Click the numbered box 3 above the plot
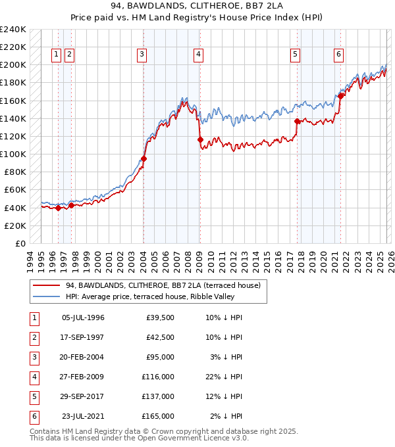pos(142,55)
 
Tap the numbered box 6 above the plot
pos(338,55)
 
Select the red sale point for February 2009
pos(201,139)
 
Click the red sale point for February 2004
pos(144,158)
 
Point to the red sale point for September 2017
pos(297,121)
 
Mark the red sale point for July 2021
pos(340,96)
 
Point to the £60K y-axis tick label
pos(14,190)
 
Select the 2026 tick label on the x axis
pos(390,259)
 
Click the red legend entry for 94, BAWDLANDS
pos(163,285)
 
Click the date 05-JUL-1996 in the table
pos(83,318)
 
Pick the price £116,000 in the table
pos(158,377)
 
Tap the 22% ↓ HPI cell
pos(224,377)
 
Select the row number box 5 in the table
pos(34,396)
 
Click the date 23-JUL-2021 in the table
pos(83,416)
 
